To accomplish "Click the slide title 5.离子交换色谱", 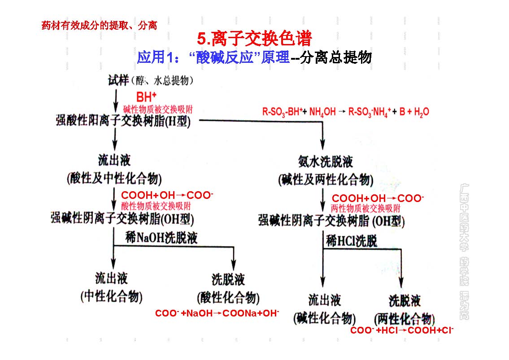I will [254, 39].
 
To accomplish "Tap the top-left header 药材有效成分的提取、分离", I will [99, 25].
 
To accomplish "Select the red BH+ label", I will [147, 97].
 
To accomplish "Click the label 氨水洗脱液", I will [326, 162].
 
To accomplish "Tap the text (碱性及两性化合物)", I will [326, 180].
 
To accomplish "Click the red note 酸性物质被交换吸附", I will [156, 206].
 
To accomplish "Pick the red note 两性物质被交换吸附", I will [365, 208].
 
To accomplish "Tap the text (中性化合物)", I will [112, 297].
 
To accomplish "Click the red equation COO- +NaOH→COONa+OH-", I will [217, 313].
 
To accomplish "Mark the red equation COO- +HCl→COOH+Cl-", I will [402, 330].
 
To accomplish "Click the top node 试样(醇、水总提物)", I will [151, 81].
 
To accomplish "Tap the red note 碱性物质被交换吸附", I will [158, 109].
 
